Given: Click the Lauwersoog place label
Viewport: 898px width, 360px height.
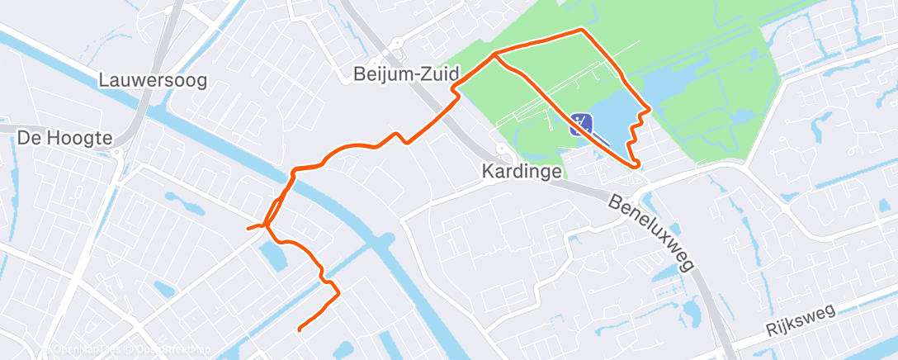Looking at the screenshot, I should pyautogui.click(x=152, y=81).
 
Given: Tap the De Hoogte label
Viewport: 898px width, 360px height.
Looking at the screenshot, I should pyautogui.click(x=64, y=139).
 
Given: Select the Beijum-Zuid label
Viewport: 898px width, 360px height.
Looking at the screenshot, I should pyautogui.click(x=406, y=74).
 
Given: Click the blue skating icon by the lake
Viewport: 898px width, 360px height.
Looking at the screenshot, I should pyautogui.click(x=581, y=125).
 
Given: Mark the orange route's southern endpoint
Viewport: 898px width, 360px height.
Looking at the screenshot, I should pyautogui.click(x=298, y=329).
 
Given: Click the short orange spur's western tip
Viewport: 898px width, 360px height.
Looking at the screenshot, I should pyautogui.click(x=248, y=228).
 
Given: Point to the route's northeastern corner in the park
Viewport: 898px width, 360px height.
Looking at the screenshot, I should pyautogui.click(x=582, y=31).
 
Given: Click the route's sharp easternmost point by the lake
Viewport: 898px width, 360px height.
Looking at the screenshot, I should pyautogui.click(x=650, y=108).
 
